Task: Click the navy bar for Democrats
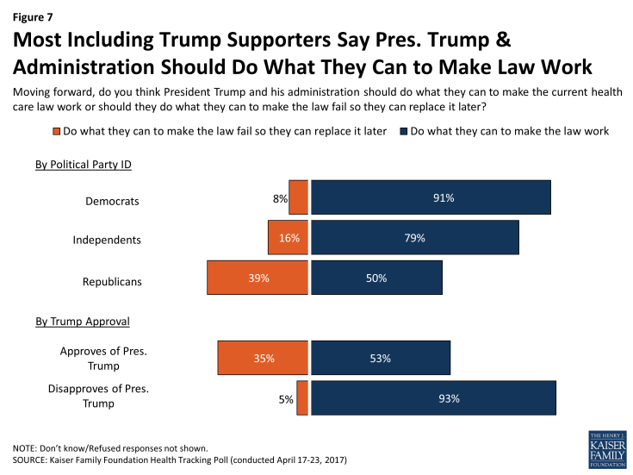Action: [431, 197]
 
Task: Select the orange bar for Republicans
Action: [258, 278]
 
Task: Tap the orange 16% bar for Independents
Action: [288, 238]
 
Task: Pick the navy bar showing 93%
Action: [433, 398]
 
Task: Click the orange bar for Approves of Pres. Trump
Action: [263, 358]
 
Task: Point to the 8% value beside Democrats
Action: [279, 198]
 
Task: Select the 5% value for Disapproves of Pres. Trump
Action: [286, 399]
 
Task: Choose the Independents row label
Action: [106, 240]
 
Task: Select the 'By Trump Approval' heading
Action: [83, 321]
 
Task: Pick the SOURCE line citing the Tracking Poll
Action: [179, 461]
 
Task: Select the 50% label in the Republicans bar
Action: [375, 278]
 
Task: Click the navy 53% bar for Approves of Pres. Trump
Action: [380, 358]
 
